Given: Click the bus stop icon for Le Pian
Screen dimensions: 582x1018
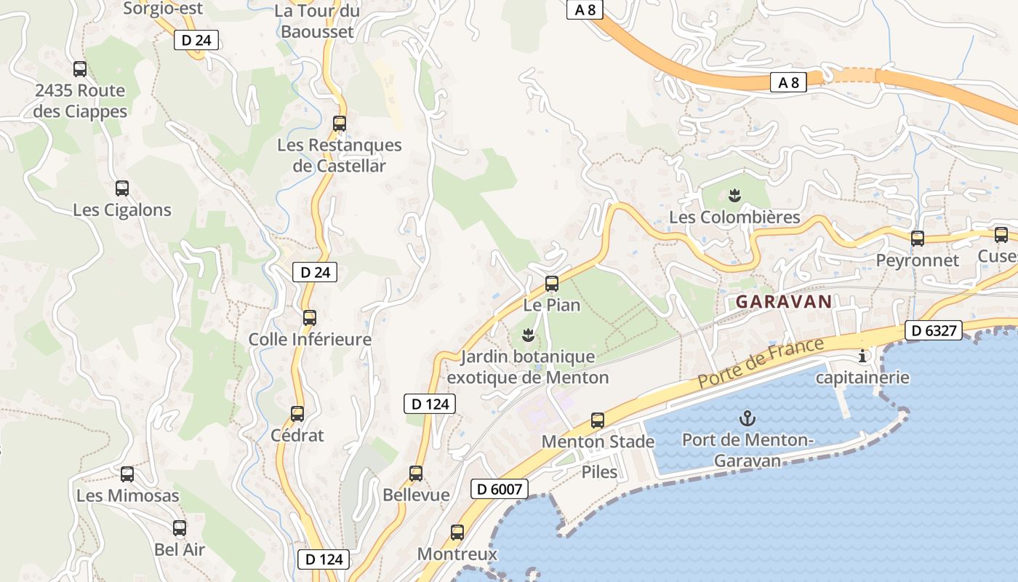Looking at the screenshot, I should point(552,284).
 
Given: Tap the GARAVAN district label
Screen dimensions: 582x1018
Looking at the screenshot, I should point(784,302).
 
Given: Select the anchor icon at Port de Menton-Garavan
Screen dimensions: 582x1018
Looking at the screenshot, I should point(747,418).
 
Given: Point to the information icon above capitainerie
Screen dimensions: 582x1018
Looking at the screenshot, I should point(863,356).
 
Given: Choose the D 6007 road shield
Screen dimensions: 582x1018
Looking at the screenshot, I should point(499,489).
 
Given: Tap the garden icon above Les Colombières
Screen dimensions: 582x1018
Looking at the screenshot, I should point(734,195).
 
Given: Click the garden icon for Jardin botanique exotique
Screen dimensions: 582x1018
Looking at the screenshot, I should point(529,335).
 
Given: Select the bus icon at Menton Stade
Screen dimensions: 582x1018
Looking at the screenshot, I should point(598,420).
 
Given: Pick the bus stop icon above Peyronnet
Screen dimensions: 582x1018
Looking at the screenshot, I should point(918,238).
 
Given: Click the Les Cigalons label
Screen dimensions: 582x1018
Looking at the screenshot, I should point(122,210).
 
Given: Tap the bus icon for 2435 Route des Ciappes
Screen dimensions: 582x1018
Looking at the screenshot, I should point(80,69).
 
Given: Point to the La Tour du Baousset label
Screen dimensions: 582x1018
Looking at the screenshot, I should point(317,21).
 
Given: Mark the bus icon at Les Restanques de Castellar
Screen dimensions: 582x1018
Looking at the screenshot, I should point(340,124).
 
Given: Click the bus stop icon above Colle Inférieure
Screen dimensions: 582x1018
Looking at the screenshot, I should point(310,318).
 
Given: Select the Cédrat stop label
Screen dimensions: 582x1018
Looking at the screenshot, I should point(297,435).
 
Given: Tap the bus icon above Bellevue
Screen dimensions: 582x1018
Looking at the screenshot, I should point(416,474).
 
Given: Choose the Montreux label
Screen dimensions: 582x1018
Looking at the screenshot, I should point(457,554).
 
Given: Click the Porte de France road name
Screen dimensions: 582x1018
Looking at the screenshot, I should point(760,362).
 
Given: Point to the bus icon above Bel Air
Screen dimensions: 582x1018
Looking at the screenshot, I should point(180,528).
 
